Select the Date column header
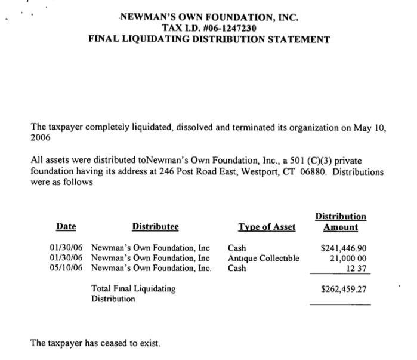click(x=66, y=227)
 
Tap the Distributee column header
click(x=155, y=227)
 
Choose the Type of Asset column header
click(x=267, y=227)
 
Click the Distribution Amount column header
click(x=341, y=221)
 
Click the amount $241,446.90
click(x=344, y=248)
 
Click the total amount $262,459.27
click(x=344, y=289)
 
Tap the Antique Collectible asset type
click(x=263, y=258)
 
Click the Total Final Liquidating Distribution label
click(x=133, y=293)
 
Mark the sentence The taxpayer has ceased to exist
click(x=95, y=343)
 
